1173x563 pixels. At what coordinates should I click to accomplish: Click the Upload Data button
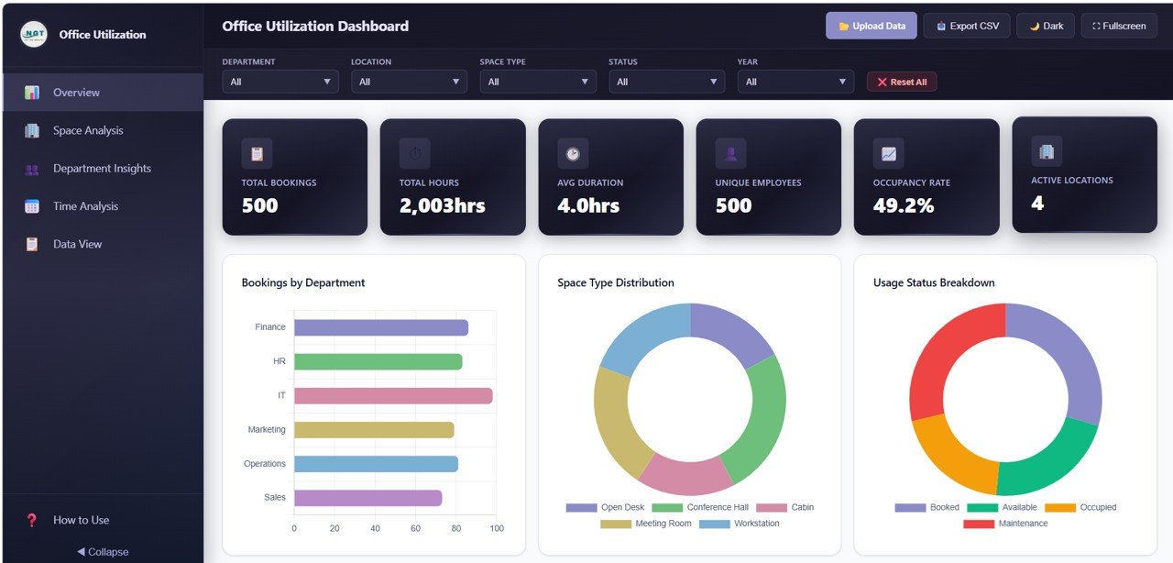[872, 26]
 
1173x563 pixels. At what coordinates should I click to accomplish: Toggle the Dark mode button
[1046, 26]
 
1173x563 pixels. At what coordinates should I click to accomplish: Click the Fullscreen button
[1119, 26]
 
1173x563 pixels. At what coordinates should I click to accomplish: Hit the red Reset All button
[902, 82]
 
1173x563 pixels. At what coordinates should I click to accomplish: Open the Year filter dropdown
[795, 82]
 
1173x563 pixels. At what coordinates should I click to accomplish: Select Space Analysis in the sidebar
[88, 130]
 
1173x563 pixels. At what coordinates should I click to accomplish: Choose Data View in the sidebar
[77, 244]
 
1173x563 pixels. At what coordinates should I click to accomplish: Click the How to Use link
[81, 520]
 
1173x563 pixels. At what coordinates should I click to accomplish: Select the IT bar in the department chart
[393, 396]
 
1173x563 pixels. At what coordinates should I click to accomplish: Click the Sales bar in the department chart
[367, 498]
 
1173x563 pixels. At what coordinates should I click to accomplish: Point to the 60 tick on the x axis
[415, 528]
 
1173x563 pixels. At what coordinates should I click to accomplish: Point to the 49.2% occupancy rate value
[904, 205]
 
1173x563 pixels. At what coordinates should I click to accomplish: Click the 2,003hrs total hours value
[442, 205]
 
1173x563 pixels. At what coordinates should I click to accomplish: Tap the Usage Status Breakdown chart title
[934, 282]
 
